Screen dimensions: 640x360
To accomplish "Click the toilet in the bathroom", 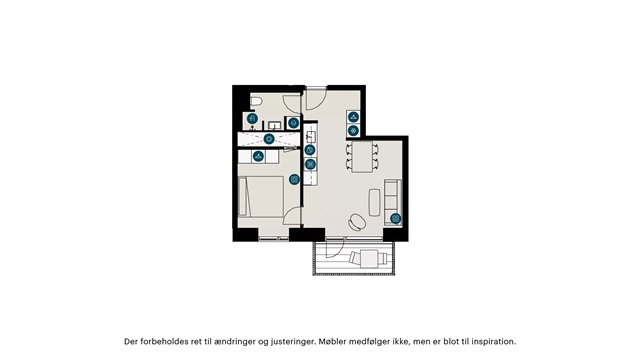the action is (x=256, y=102).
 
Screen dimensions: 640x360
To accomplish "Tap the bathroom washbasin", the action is (x=274, y=124).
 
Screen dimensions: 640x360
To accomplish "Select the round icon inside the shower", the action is (x=269, y=139).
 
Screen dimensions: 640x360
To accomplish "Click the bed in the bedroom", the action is (x=261, y=196).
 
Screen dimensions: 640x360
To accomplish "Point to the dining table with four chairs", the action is (x=362, y=157).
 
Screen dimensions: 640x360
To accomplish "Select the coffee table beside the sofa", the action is (x=375, y=202).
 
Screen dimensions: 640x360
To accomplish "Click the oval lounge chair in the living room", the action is (x=358, y=222).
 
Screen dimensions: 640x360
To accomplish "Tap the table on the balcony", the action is (x=369, y=258).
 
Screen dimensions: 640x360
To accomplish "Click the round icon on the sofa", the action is (x=396, y=219).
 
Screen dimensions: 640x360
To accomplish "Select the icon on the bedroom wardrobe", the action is (x=258, y=156).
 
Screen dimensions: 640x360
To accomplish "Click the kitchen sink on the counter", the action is (x=310, y=135).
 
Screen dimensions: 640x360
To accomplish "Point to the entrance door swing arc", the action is (x=316, y=99).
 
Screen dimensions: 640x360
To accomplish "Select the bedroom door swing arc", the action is (x=291, y=214).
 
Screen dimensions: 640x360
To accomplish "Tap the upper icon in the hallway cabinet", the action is (x=353, y=117).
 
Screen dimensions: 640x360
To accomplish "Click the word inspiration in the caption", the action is (x=494, y=342).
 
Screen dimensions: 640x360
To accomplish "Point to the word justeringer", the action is (x=293, y=342).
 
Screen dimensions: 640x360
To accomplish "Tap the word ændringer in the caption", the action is (x=234, y=342).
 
